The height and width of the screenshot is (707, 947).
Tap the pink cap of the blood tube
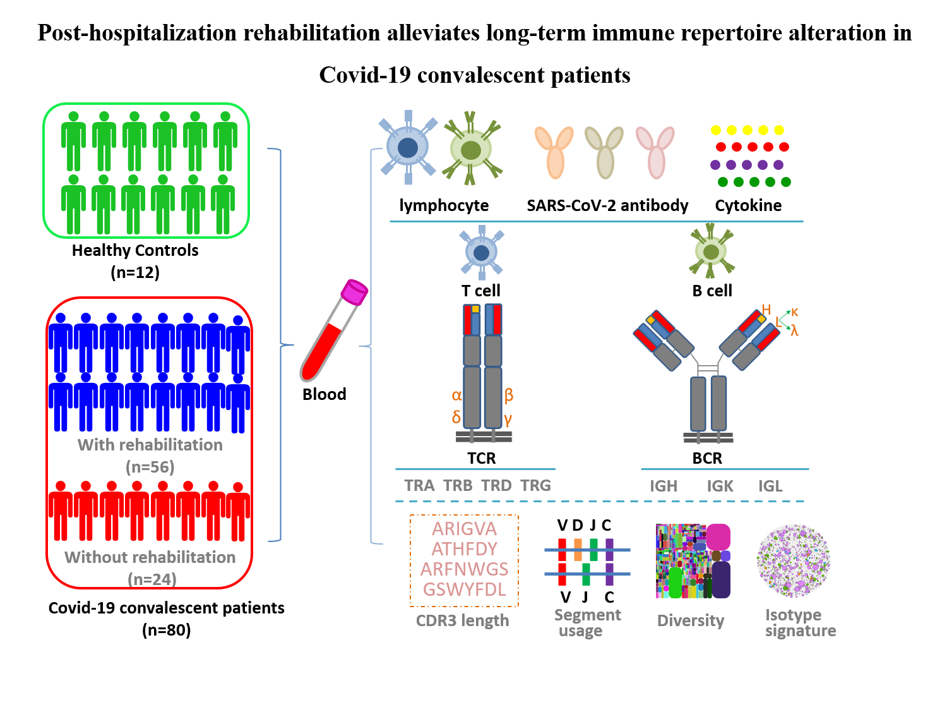pos(354,291)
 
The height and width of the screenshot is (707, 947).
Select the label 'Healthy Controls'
pos(135,251)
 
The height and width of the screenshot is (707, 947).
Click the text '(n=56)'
pos(150,467)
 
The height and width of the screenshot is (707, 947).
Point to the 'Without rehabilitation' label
pos(150,557)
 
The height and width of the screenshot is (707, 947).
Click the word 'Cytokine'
pos(748,205)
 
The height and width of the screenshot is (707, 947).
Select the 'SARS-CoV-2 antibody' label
pos(607,205)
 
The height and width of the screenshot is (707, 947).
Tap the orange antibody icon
pos(554,152)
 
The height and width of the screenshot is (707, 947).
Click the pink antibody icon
pos(655,152)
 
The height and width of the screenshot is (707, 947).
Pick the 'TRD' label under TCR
pos(496,486)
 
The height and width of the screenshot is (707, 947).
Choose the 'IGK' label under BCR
pos(720,486)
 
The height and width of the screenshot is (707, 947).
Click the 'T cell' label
pos(481,291)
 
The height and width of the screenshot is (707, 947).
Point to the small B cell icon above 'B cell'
pos(712,251)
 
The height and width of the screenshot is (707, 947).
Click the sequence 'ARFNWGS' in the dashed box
pos(465,569)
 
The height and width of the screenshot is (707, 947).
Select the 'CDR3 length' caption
pos(462,620)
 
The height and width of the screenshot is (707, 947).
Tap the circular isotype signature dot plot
pos(794,560)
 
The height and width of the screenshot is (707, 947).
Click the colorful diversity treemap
pos(693,561)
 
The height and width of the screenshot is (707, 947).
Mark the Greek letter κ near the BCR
pos(794,312)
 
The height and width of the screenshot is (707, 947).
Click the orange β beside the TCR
pos(509,396)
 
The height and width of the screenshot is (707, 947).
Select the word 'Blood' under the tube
pos(325,394)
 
